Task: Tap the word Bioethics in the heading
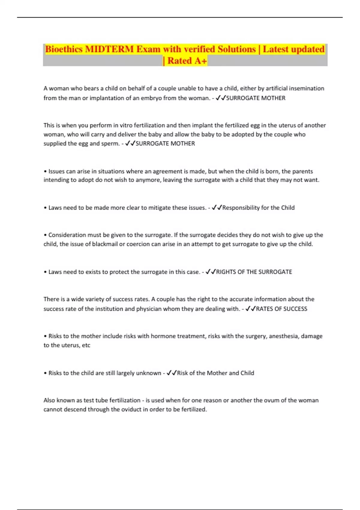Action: tap(64, 49)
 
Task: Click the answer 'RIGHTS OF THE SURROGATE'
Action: tap(254, 272)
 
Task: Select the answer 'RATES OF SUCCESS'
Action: tap(281, 309)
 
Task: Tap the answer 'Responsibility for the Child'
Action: tap(258, 208)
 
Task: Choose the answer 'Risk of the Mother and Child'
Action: tap(215, 373)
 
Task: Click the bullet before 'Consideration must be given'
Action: tap(45, 235)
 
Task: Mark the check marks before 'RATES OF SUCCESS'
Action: tap(250, 309)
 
